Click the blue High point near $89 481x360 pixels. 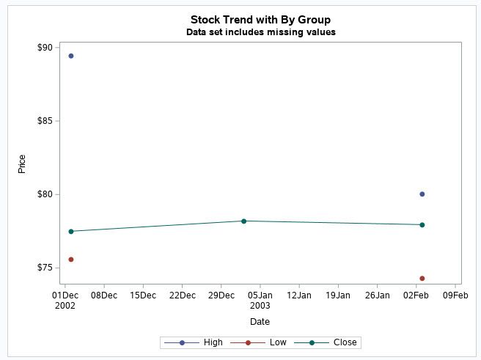(x=71, y=56)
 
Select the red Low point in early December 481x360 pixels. (x=71, y=260)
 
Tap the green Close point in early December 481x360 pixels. (x=71, y=232)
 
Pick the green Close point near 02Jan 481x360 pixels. (x=243, y=221)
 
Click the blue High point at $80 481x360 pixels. (x=422, y=194)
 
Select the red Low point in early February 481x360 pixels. (x=422, y=279)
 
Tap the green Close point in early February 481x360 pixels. (x=422, y=225)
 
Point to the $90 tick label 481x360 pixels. (x=45, y=48)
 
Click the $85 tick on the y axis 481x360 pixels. (x=45, y=121)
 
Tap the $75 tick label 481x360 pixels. (x=45, y=268)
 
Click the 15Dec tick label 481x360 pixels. (x=142, y=295)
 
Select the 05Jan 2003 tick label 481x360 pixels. (x=260, y=300)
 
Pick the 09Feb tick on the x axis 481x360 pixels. (x=455, y=295)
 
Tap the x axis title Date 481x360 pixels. (x=260, y=322)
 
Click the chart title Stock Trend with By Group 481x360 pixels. (x=260, y=19)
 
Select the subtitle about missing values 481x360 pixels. (x=260, y=32)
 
